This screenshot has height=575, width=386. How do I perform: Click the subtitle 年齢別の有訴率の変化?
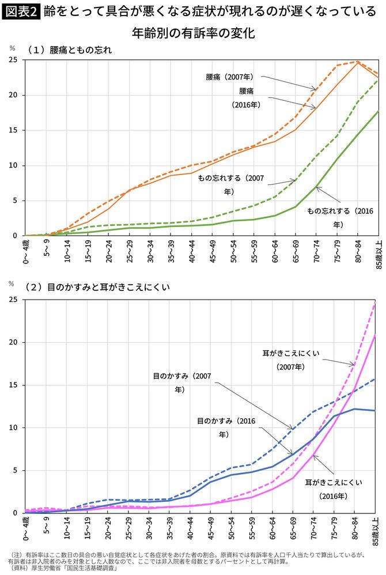point(193,33)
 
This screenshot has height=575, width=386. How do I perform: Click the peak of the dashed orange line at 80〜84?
point(358,61)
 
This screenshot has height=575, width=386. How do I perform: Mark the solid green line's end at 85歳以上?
point(378,111)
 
